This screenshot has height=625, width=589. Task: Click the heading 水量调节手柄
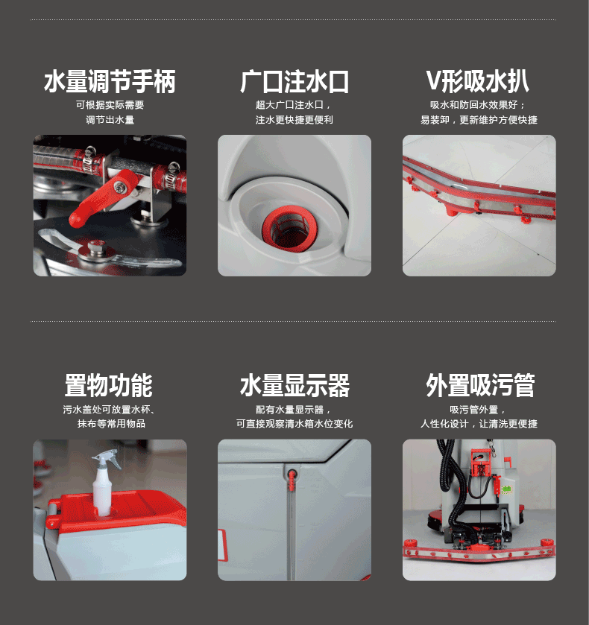point(110,82)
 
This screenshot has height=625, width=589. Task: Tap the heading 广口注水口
point(294,82)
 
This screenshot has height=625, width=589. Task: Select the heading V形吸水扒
point(478,81)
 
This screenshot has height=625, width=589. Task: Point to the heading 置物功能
point(109,385)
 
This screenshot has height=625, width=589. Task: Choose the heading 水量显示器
point(294,385)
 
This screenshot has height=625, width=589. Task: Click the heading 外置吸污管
point(480,385)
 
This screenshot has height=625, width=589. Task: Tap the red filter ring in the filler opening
point(290,229)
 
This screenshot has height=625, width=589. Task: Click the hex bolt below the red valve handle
point(95,247)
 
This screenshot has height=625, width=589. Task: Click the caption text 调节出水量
point(110,120)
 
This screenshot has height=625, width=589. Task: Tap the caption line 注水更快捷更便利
point(294,120)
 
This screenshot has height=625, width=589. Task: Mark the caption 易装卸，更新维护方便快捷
point(479,120)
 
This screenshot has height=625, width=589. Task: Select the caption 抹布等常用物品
point(111,424)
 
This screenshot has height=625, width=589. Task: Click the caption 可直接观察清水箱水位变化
point(294,424)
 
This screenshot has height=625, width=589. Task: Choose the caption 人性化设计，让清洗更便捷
point(479,424)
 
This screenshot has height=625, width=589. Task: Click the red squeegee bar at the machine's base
point(479,551)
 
